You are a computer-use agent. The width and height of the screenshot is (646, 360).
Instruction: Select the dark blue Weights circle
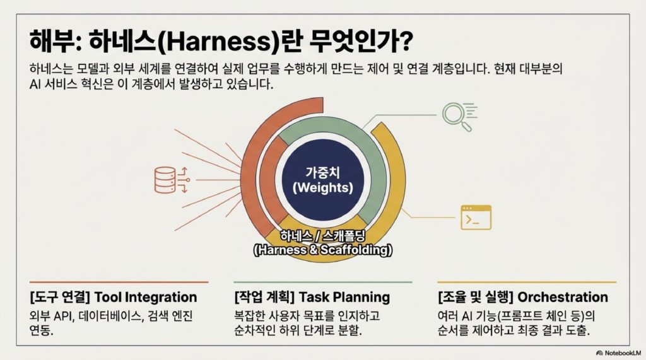(323, 180)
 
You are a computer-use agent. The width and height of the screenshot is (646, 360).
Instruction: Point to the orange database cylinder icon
(165, 180)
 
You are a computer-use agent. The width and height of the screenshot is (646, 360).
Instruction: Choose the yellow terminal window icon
(476, 217)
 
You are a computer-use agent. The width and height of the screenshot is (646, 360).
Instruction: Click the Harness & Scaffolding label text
(323, 250)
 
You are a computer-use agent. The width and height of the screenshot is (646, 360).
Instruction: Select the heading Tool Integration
(146, 297)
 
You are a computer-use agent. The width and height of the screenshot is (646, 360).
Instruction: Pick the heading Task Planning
(344, 297)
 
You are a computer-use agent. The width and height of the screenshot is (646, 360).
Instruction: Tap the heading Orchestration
(563, 297)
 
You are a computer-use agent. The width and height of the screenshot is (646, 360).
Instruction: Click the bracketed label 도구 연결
(60, 297)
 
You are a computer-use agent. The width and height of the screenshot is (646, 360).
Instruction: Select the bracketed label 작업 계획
(264, 297)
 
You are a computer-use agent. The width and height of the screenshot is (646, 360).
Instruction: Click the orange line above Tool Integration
(119, 282)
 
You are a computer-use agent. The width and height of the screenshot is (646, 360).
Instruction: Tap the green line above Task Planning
(323, 282)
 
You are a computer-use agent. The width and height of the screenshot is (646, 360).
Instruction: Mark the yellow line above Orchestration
(527, 282)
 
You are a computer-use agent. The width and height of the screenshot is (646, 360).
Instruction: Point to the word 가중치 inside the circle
(322, 172)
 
